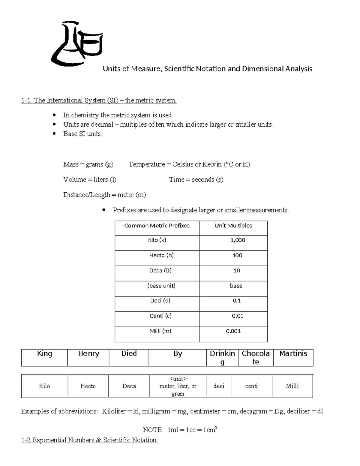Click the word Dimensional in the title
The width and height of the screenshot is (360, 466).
point(262,69)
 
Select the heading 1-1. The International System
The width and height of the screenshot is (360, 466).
point(99,100)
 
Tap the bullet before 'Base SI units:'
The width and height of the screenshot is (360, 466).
point(54,134)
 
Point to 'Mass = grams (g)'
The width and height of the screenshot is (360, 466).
point(88,164)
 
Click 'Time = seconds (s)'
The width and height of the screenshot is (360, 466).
point(196,180)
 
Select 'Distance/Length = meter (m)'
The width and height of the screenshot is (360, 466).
point(104,195)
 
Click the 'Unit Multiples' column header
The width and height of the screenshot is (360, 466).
point(233,226)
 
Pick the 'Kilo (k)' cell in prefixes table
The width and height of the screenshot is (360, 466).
point(157,240)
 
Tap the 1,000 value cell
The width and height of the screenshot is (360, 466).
point(238,240)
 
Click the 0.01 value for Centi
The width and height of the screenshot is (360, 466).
point(237,316)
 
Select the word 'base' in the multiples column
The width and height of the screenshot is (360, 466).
point(236,286)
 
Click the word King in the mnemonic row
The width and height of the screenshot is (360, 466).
point(44,354)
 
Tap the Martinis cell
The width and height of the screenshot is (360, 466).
point(293,354)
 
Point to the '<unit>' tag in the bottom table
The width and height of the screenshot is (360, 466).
point(178,379)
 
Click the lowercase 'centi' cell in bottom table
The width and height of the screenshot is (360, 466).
point(251,386)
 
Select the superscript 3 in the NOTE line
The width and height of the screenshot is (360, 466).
point(216,428)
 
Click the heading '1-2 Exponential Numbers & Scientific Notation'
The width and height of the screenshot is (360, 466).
point(90,440)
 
